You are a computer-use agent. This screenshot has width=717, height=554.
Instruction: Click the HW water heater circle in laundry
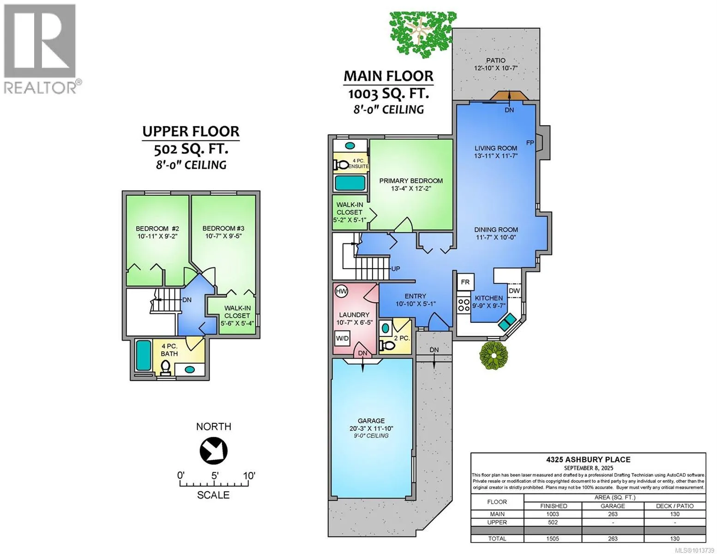341,291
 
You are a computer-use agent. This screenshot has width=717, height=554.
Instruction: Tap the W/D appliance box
342,338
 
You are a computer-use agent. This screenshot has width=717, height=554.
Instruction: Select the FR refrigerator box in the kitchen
465,282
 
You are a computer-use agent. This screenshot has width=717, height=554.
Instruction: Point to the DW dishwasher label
514,291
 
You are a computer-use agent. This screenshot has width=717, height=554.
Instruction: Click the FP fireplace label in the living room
530,143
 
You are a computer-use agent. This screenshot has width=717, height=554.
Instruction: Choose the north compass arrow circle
213,451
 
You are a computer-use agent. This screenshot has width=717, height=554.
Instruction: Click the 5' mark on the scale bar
215,476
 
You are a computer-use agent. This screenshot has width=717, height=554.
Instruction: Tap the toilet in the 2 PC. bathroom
387,345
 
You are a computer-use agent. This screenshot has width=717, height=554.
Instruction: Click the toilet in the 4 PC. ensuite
342,164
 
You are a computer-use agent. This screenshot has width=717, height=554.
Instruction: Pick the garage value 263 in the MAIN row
612,514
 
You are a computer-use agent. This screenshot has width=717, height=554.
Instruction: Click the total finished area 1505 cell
552,538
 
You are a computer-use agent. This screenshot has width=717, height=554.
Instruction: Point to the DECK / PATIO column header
675,506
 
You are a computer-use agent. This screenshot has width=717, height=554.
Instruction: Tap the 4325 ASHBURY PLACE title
588,459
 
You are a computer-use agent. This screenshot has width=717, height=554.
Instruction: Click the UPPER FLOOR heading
191,131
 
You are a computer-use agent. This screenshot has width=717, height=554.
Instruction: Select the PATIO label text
495,60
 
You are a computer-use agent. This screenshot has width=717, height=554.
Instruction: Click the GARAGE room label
371,421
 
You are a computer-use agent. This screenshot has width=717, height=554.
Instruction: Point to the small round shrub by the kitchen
493,355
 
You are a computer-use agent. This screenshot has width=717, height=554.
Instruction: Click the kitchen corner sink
507,322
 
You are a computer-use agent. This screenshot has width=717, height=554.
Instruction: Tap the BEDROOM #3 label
223,229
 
